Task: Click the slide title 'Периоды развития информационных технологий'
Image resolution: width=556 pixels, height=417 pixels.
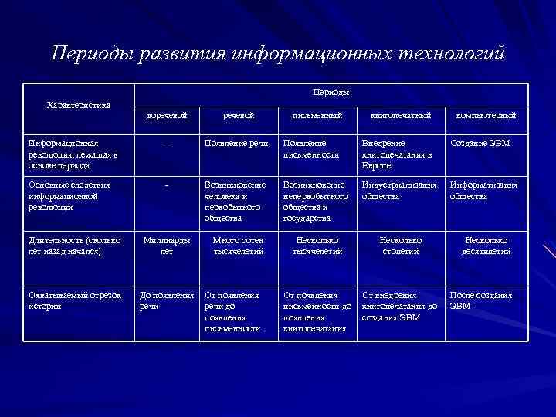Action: (x=278, y=53)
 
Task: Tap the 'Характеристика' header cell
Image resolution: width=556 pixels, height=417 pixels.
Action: (x=79, y=105)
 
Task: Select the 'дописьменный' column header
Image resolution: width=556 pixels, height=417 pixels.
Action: (x=168, y=116)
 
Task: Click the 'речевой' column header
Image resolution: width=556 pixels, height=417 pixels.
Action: (x=239, y=116)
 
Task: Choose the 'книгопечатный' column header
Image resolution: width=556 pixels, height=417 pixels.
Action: (x=401, y=116)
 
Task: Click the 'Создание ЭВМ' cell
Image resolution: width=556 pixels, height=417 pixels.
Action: (x=480, y=144)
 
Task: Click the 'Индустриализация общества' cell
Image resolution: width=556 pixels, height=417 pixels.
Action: (x=399, y=191)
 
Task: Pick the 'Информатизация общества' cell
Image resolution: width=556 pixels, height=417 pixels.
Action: (x=483, y=191)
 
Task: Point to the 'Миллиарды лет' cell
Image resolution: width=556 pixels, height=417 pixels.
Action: (x=167, y=246)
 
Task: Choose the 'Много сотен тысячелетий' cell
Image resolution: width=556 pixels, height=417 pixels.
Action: (x=239, y=246)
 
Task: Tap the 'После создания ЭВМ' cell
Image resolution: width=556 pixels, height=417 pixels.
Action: (x=481, y=300)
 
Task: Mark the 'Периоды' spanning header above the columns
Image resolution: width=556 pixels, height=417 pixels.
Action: (x=331, y=92)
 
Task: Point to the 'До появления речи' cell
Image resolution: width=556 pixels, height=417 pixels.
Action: (x=166, y=300)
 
